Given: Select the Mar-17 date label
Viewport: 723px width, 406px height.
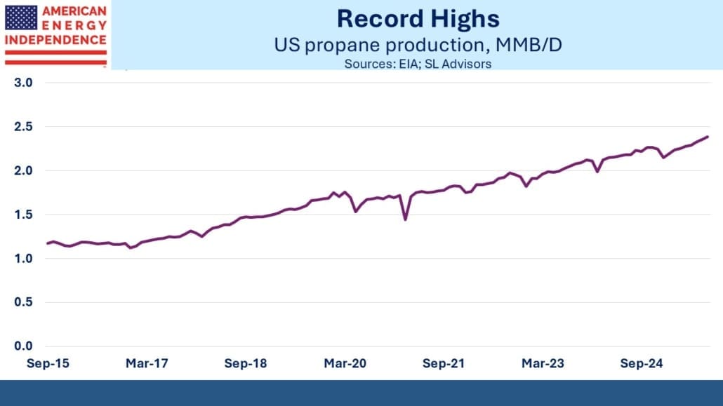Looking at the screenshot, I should point(146,364).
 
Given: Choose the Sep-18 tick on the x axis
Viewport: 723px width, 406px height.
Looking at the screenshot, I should point(246,364).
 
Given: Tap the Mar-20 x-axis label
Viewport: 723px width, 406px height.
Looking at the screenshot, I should point(345,364).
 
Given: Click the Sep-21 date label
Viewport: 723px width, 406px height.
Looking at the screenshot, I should point(444,364).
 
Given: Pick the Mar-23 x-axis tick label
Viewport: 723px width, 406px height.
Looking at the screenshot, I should point(543,364).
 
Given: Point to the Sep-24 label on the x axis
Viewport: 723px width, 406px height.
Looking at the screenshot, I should point(642,364).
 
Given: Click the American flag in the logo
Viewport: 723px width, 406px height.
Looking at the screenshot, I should point(21,18).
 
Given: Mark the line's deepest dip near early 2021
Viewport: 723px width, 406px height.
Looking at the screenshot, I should point(405,219).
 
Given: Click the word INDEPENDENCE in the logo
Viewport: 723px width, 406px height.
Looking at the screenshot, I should point(55,39).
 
